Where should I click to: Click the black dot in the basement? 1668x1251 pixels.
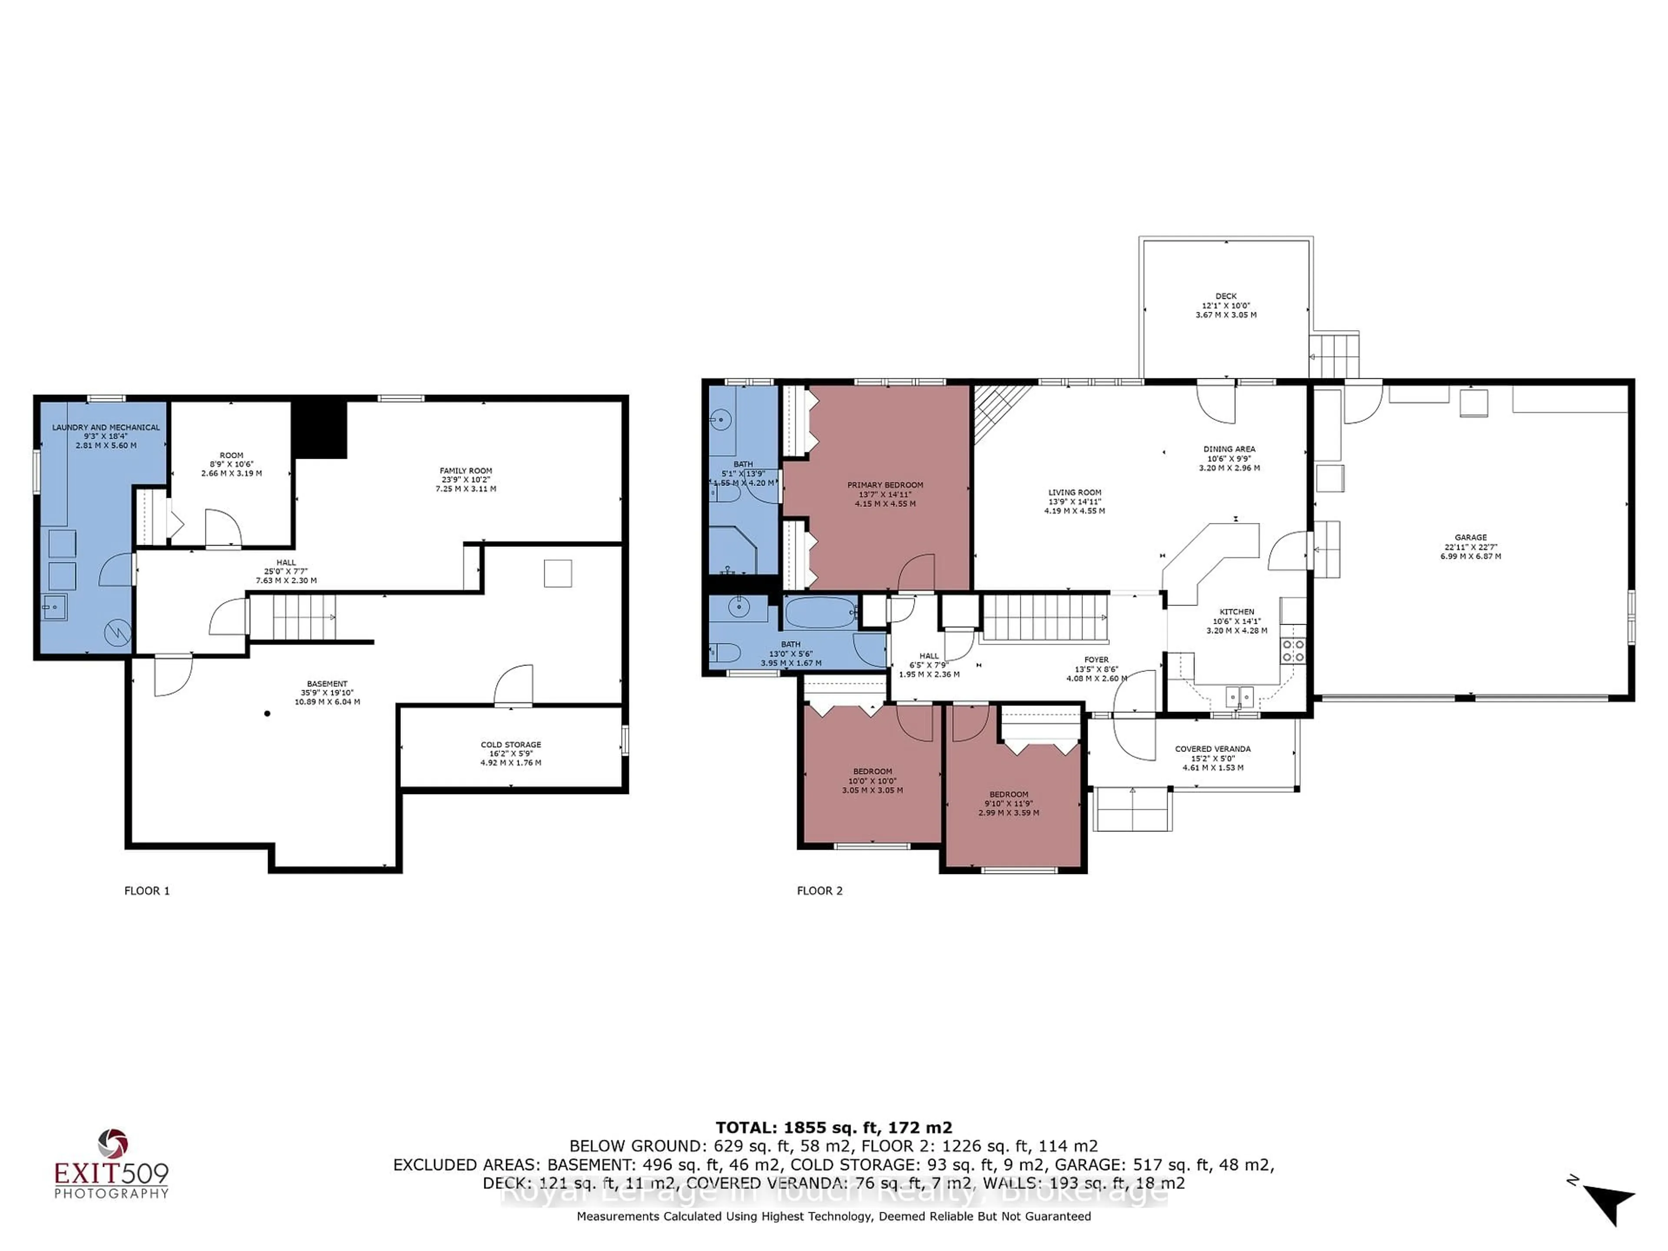point(267,713)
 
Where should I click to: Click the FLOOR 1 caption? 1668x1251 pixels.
point(147,890)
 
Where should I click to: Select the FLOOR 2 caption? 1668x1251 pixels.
point(820,890)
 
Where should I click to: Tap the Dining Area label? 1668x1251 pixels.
point(1229,458)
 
